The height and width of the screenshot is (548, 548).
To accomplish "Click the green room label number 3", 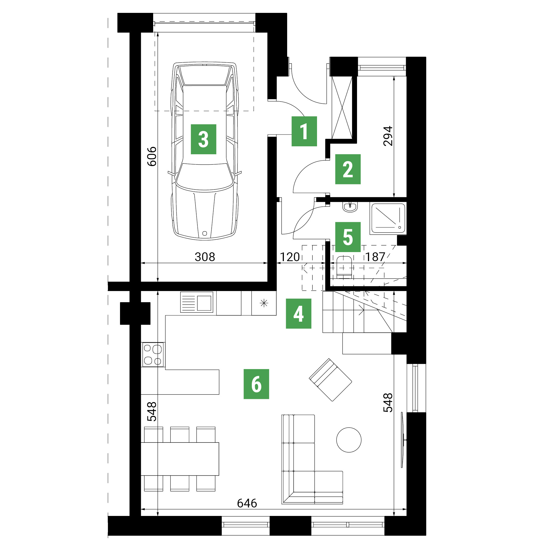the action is click(x=203, y=139).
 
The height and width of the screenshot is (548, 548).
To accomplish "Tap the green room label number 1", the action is click(x=304, y=131).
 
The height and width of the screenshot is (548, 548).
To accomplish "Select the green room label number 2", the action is click(x=348, y=169).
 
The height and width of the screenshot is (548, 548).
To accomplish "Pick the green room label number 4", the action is click(x=298, y=314).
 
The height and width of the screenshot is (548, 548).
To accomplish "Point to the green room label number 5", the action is click(x=348, y=237).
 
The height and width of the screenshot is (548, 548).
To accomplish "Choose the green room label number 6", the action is click(x=256, y=384).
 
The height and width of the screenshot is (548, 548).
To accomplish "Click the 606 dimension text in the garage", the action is click(x=152, y=156).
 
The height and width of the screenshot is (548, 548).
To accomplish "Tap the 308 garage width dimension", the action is click(x=205, y=257).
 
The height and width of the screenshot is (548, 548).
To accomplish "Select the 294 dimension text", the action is click(x=388, y=136).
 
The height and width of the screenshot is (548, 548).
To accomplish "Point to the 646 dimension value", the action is click(x=247, y=503).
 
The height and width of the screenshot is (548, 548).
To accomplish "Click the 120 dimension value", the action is click(x=290, y=257).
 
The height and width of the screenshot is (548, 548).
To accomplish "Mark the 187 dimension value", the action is click(x=375, y=257).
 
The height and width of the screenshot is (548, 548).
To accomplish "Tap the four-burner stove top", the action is click(x=153, y=354).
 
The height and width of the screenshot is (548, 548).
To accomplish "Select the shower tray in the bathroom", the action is click(x=388, y=218).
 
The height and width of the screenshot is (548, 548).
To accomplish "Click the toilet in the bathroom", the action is click(x=344, y=267).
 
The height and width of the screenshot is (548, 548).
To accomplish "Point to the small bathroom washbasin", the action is click(x=350, y=207).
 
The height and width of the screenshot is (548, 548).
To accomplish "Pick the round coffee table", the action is click(x=349, y=440).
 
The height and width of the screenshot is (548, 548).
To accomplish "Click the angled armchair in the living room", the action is click(x=330, y=379).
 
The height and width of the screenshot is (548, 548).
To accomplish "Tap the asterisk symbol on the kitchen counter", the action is click(x=264, y=303).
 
